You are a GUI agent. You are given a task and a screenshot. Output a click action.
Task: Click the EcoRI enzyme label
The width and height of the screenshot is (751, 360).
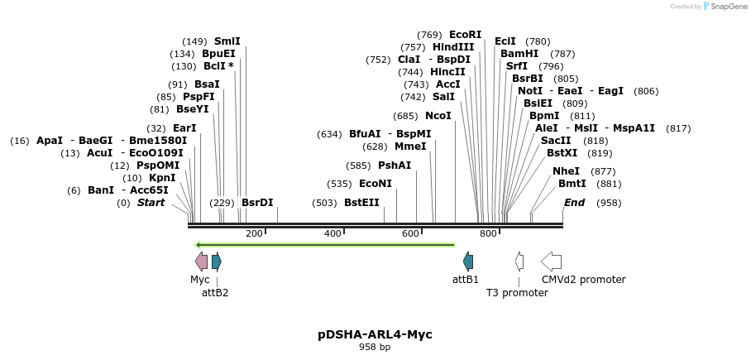(x=465, y=35)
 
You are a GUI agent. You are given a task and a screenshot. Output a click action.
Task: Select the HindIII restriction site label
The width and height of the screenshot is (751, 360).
(x=453, y=47)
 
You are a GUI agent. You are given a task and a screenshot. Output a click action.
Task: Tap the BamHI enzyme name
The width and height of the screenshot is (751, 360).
(x=519, y=54)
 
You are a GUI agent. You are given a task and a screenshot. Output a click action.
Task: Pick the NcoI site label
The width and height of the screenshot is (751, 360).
(x=438, y=116)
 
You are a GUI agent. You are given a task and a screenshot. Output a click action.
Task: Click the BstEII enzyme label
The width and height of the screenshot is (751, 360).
(x=361, y=203)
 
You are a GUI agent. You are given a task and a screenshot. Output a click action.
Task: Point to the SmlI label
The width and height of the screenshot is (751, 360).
(x=227, y=41)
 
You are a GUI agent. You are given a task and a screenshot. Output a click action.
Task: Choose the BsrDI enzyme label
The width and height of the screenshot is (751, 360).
(x=257, y=203)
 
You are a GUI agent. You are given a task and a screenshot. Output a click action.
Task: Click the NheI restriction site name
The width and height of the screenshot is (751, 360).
(x=567, y=171)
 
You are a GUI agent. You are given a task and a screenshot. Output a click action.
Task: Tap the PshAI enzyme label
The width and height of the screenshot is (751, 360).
(x=395, y=166)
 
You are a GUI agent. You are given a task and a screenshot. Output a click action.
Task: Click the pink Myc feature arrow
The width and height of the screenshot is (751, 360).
(x=201, y=262)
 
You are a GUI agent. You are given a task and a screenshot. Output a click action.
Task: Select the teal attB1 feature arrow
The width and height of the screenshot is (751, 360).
(x=468, y=262)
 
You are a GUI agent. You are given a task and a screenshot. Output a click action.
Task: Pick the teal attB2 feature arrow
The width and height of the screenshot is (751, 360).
(x=217, y=262)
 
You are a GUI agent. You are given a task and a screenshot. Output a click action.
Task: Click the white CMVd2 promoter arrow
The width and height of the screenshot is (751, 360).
(x=551, y=262)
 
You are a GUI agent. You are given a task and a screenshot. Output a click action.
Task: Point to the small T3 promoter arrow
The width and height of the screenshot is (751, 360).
(x=519, y=262)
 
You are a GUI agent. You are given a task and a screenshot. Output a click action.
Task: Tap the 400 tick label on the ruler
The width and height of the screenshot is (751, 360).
(x=332, y=234)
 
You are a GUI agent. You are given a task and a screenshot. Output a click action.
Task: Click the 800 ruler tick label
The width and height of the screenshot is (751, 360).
(x=488, y=234)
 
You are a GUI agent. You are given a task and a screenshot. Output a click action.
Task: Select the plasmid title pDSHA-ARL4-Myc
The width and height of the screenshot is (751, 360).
(x=375, y=334)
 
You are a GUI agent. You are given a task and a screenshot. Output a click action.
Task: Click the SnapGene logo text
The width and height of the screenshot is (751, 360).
(x=725, y=7)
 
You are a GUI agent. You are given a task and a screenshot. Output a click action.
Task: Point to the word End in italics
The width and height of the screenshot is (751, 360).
(x=574, y=203)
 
